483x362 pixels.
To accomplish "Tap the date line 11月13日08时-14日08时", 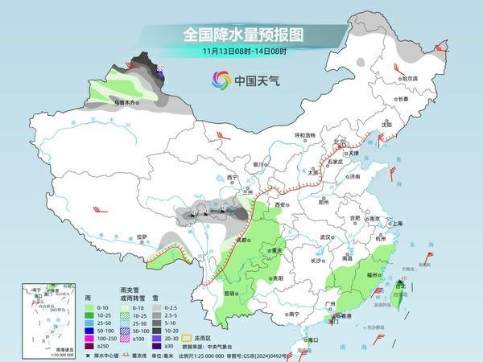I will [x=242, y=51].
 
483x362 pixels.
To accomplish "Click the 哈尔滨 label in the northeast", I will [x=411, y=78].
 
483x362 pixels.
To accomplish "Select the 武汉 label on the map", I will [x=325, y=237].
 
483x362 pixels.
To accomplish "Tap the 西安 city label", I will [x=280, y=205].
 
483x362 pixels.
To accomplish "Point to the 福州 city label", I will [x=372, y=274].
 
